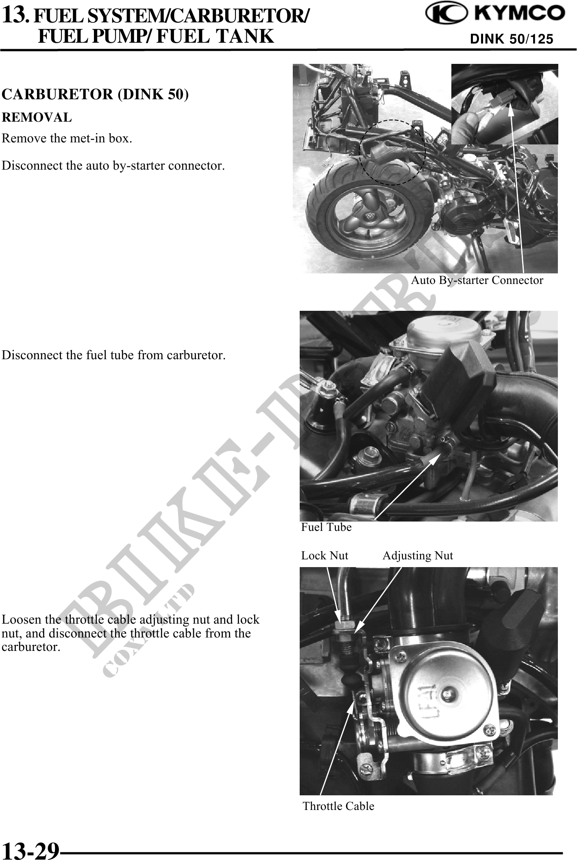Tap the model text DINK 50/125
tap(512, 39)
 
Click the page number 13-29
tap(31, 850)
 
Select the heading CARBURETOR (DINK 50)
tap(96, 94)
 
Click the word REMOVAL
tap(37, 118)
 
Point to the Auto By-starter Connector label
tap(477, 280)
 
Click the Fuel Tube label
tap(326, 527)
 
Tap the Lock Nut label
tap(324, 556)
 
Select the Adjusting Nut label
tap(418, 556)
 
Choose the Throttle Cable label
tap(338, 806)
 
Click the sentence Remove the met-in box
tap(67, 138)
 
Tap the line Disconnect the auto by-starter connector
tap(113, 166)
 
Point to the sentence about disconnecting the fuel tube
tap(113, 355)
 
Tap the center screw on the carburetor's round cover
tap(448, 692)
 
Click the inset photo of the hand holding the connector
tap(505, 104)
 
